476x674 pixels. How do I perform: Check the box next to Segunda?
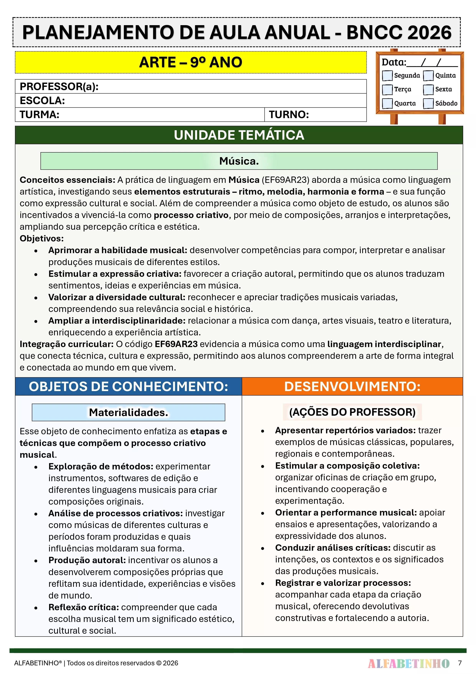point(387,75)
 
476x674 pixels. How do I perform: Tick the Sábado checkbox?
point(428,103)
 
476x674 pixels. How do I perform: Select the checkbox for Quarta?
point(387,103)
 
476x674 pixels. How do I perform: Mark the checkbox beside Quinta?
point(428,75)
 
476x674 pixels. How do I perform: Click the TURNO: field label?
point(289,114)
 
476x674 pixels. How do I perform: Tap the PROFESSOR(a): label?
point(59,87)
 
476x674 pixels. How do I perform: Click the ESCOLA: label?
point(42,101)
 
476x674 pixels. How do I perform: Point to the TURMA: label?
point(40,114)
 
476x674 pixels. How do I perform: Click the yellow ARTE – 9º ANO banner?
point(191,62)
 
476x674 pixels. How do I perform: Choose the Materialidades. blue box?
point(129,412)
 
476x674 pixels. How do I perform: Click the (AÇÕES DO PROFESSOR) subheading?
point(352,412)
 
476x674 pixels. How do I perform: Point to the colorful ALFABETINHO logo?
point(408,663)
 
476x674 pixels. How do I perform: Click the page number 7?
point(460,663)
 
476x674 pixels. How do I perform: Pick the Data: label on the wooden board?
point(394,62)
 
